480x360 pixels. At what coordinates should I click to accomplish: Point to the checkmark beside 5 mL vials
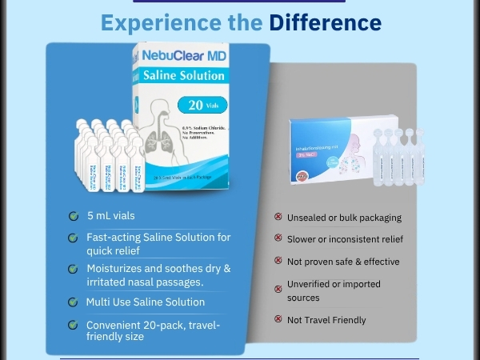pyautogui.click(x=73, y=216)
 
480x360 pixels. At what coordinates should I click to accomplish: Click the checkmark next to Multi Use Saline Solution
pyautogui.click(x=73, y=302)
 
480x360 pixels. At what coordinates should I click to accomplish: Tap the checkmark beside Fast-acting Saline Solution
pyautogui.click(x=73, y=238)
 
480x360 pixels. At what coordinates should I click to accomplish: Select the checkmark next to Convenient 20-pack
pyautogui.click(x=73, y=325)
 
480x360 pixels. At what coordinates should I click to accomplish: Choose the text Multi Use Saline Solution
pyautogui.click(x=146, y=302)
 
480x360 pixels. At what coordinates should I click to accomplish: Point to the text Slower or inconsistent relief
pyautogui.click(x=345, y=239)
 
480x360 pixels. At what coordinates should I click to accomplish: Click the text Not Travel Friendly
pyautogui.click(x=326, y=320)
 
